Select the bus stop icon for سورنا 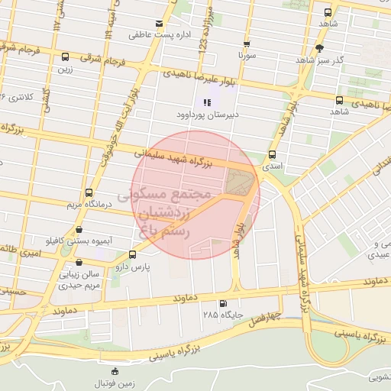pyautogui.click(x=246, y=44)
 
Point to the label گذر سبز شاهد pyautogui.click(x=341, y=59)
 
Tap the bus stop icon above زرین pyautogui.click(x=64, y=57)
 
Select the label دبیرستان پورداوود pyautogui.click(x=203, y=115)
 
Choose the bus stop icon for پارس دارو pyautogui.click(x=133, y=255)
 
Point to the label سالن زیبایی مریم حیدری pyautogui.click(x=81, y=279)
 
